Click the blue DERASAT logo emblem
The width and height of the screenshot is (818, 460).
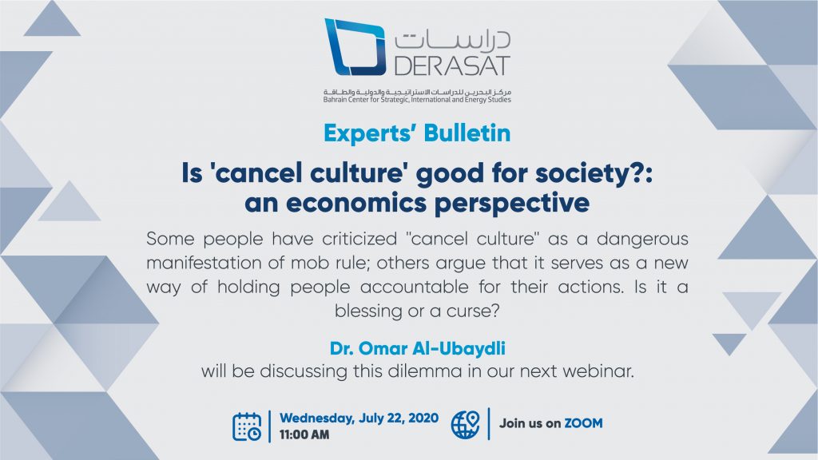tap(355, 47)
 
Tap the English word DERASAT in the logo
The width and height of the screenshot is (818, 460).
tap(452, 65)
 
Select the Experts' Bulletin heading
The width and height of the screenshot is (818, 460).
tap(417, 133)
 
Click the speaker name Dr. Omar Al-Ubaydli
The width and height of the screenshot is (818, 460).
tap(417, 348)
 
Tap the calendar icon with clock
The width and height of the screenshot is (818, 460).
tap(247, 426)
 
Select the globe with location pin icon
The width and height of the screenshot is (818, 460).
tap(466, 424)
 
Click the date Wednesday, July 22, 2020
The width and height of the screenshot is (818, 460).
tap(359, 418)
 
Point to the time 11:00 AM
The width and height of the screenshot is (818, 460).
tap(304, 434)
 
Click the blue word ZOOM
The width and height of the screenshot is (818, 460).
tap(583, 423)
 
